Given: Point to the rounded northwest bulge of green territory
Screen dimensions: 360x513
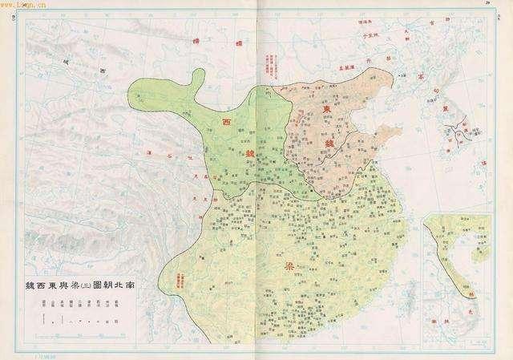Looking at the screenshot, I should click(196, 79).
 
